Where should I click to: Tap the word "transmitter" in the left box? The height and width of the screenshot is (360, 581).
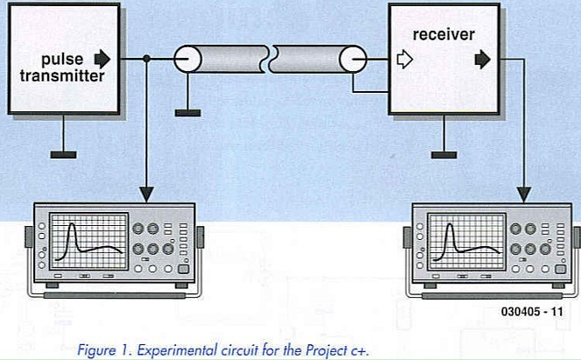tap(62, 76)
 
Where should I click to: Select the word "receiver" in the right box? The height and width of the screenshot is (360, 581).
tap(443, 34)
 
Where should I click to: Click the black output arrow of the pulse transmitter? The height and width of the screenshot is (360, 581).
tap(103, 60)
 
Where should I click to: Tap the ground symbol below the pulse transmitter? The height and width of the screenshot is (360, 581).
tap(62, 154)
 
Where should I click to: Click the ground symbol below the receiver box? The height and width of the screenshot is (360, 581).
tap(443, 154)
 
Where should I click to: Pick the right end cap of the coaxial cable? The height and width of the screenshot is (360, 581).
tap(352, 60)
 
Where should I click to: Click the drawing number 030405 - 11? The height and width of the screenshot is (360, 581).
tap(533, 311)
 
